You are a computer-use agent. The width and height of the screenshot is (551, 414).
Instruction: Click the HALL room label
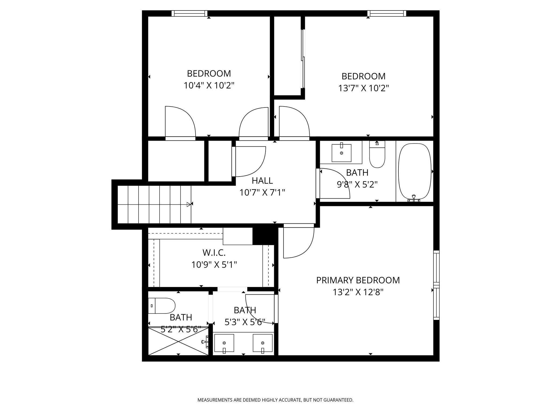coord(262,181)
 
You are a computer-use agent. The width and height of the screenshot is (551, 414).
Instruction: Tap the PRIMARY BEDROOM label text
coord(358,280)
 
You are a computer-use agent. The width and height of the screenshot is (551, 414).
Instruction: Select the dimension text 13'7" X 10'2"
coord(363,88)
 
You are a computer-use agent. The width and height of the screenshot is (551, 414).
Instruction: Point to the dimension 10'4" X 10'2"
coord(209,85)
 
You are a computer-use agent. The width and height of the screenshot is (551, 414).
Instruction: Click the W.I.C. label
coord(214,253)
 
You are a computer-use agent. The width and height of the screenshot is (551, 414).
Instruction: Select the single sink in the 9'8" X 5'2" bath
coord(341,153)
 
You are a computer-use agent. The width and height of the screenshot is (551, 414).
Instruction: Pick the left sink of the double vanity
coord(224,343)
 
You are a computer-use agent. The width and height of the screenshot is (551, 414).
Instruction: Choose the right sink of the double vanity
coord(263,343)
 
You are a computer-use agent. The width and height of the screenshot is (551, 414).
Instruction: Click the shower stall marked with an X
coord(178,341)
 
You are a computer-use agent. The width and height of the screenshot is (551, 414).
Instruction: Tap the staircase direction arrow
coord(189,205)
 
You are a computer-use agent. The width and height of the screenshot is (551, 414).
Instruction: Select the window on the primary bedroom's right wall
coord(436,285)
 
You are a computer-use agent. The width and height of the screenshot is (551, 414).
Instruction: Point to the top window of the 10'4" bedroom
coord(189,13)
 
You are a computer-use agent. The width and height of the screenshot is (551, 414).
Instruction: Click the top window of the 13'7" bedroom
coord(386,13)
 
